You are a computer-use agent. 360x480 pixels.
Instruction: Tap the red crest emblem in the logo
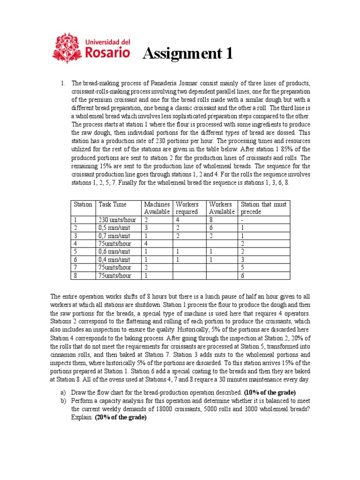pyautogui.click(x=67, y=47)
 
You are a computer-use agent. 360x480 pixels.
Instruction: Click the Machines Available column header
pyautogui.click(x=157, y=208)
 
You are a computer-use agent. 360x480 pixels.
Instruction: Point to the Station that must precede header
pyautogui.click(x=263, y=208)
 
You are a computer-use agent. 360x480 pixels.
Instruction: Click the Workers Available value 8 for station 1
pyautogui.click(x=211, y=219)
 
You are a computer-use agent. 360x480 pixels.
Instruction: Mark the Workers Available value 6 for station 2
pyautogui.click(x=211, y=227)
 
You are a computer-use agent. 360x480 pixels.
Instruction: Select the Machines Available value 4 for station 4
pyautogui.click(x=146, y=244)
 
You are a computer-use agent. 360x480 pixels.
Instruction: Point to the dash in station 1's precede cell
pyautogui.click(x=242, y=219)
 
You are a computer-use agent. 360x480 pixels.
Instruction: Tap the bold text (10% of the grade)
pyautogui.click(x=270, y=392)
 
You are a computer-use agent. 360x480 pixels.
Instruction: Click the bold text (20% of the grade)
pyautogui.click(x=121, y=417)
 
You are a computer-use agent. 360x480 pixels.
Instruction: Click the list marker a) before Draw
pyautogui.click(x=63, y=392)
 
